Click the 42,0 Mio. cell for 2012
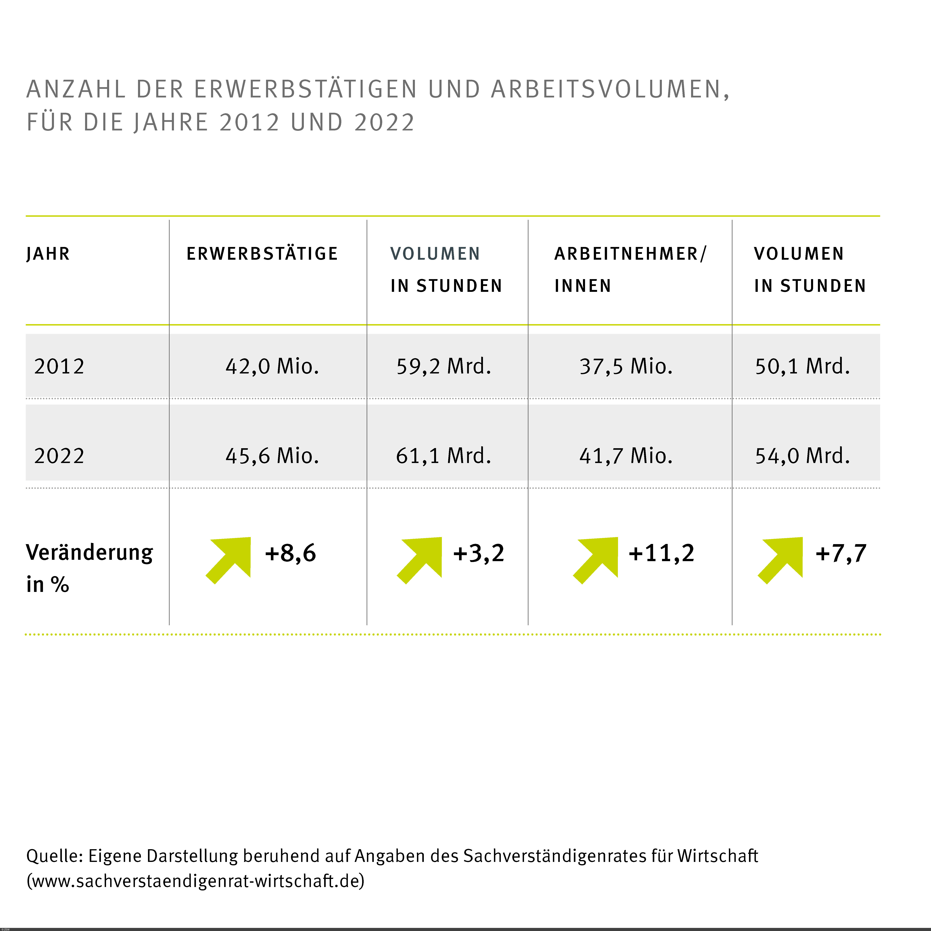272,366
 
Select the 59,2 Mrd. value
443,366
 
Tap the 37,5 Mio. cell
626,366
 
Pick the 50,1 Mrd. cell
802,366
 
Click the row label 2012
59,366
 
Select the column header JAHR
48,254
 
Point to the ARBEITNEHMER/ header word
630,254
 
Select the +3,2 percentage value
478,553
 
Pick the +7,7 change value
841,553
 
